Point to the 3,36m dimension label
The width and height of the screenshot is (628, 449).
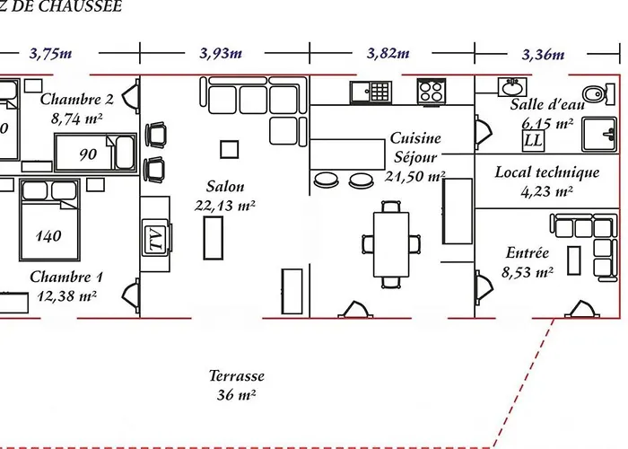[544, 54]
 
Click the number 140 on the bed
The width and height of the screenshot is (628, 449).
[48, 236]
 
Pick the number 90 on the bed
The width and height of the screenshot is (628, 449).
[88, 154]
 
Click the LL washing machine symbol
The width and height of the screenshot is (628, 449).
[532, 140]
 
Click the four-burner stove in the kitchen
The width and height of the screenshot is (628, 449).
[431, 91]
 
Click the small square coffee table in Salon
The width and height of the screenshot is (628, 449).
[230, 148]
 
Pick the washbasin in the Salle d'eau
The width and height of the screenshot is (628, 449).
[513, 88]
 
